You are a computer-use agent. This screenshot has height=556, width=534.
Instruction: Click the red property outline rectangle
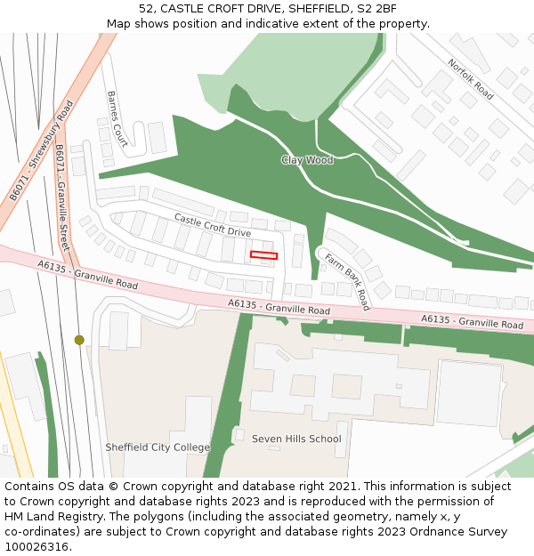[x=263, y=255]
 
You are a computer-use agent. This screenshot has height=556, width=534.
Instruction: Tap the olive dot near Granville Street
[x=79, y=340]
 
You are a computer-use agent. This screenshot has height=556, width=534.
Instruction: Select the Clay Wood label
[x=307, y=160]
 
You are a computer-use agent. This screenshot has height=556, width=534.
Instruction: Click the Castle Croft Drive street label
[x=213, y=225]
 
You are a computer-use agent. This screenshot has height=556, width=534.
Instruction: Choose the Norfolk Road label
[x=471, y=79]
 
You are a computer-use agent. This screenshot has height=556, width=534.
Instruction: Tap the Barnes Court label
[x=117, y=118]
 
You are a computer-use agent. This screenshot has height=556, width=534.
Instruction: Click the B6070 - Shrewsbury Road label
[x=41, y=152]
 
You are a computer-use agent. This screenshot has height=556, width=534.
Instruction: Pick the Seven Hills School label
[x=296, y=439]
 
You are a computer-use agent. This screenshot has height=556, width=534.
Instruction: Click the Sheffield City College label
[x=158, y=447]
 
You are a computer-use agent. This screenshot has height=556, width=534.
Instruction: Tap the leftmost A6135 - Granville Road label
[x=88, y=275]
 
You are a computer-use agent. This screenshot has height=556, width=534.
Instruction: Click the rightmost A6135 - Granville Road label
[x=472, y=321]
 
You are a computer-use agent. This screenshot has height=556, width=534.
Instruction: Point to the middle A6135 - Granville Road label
[x=279, y=308]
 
